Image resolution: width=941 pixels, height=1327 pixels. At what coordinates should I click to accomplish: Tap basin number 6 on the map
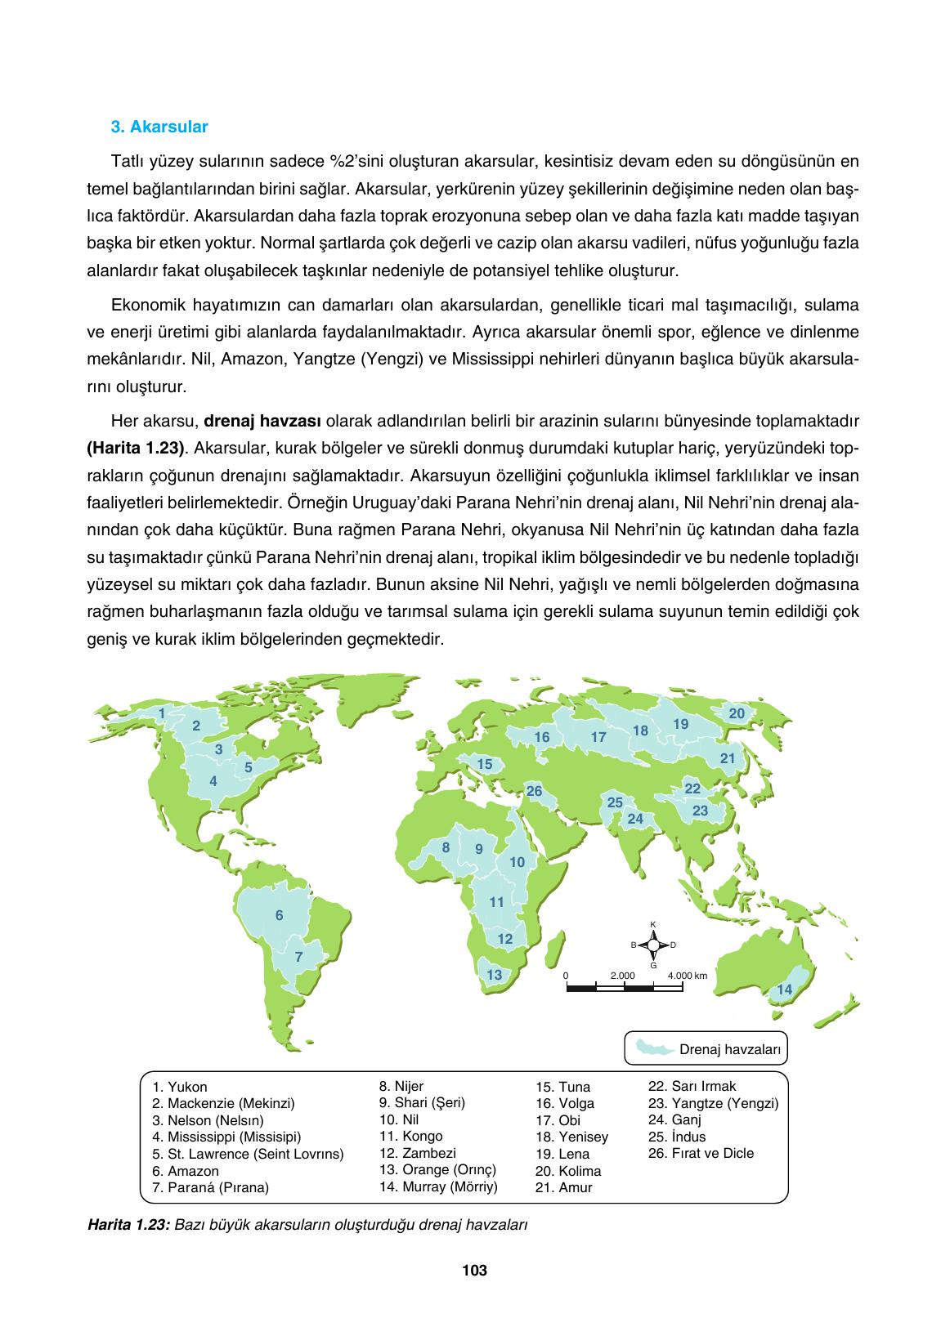pyautogui.click(x=279, y=915)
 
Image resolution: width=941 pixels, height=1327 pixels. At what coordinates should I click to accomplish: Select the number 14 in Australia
pyautogui.click(x=784, y=990)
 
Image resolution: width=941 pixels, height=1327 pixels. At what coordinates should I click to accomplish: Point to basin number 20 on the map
pyautogui.click(x=737, y=713)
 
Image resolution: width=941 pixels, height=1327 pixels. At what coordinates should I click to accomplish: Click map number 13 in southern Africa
pyautogui.click(x=494, y=975)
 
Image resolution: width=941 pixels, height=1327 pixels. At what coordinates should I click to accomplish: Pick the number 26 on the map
pyautogui.click(x=534, y=791)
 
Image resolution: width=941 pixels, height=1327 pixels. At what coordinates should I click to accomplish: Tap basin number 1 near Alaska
pyautogui.click(x=162, y=713)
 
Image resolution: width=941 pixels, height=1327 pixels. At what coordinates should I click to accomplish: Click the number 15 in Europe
pyautogui.click(x=485, y=765)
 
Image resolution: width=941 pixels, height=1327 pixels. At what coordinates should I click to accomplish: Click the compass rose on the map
pyautogui.click(x=653, y=945)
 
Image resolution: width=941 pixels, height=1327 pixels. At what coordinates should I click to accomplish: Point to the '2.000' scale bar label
pyautogui.click(x=622, y=976)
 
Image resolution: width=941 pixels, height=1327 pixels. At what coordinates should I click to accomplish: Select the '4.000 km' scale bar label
pyautogui.click(x=687, y=976)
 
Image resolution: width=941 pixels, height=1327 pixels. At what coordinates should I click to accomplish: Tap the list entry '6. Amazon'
pyautogui.click(x=186, y=1171)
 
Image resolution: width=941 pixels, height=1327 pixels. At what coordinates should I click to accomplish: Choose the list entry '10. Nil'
pyautogui.click(x=399, y=1119)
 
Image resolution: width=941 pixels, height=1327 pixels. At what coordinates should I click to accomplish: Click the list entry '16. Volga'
pyautogui.click(x=565, y=1103)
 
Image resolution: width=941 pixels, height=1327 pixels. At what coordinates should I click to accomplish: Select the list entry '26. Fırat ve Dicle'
pyautogui.click(x=701, y=1153)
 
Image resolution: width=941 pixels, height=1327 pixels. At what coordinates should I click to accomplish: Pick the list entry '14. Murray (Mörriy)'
pyautogui.click(x=438, y=1186)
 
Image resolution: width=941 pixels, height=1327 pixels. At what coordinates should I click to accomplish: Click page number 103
pyautogui.click(x=474, y=1271)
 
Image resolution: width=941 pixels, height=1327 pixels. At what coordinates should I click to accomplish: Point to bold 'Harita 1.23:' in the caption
pyautogui.click(x=127, y=1226)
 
